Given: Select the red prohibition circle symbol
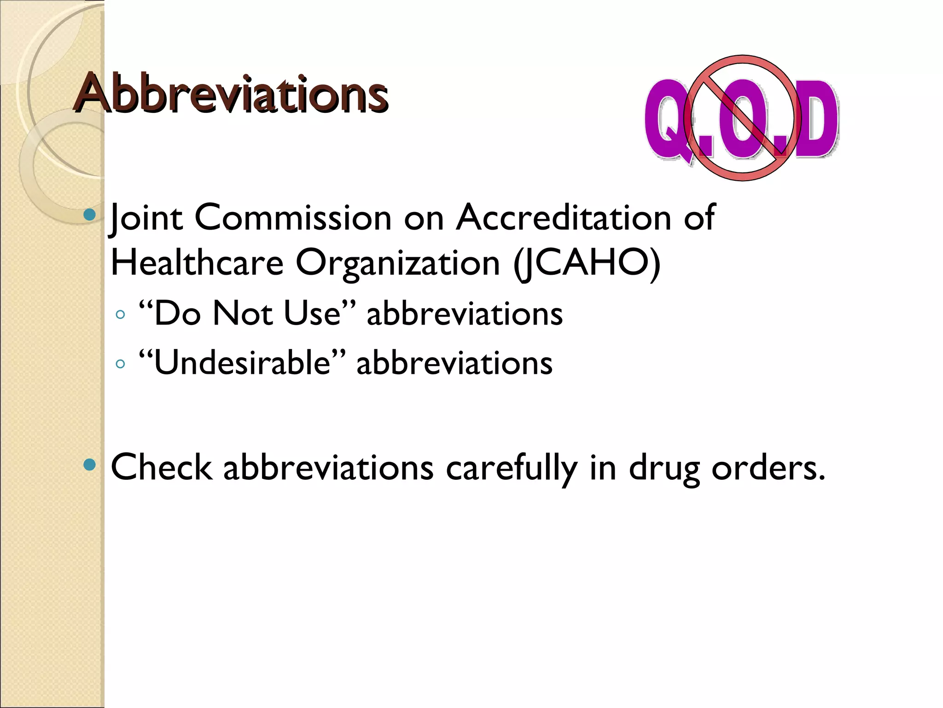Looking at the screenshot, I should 742,118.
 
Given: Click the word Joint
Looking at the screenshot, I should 146,218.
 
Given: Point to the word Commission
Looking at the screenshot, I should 293,217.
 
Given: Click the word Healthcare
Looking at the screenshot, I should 197,263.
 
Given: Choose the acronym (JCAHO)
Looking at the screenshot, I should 587,263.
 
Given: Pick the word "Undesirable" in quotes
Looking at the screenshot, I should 242,363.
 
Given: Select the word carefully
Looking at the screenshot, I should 511,468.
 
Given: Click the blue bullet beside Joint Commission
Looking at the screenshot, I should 90,215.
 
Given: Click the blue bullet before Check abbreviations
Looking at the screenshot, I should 90,465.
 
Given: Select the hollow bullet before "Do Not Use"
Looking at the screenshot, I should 121,315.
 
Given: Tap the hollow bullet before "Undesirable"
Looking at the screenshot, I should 121,365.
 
